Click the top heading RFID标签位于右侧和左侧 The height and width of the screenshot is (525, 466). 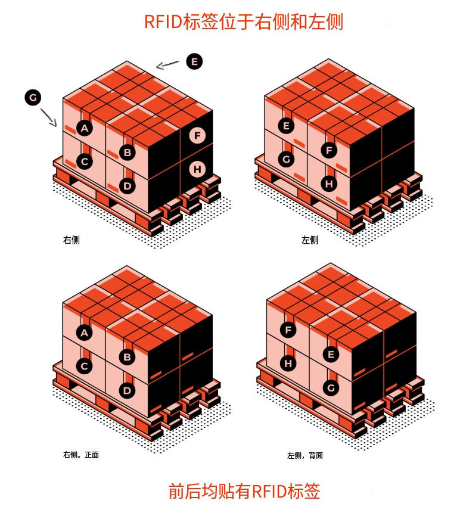tap(243, 22)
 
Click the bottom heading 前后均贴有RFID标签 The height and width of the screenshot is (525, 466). tap(244, 492)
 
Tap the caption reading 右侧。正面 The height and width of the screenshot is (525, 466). tap(81, 455)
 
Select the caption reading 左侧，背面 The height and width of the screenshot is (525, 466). tap(305, 455)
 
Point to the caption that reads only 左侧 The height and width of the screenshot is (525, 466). tap(309, 240)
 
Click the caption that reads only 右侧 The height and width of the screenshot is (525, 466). tap(72, 240)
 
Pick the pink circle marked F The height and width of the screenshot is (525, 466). tap(198, 136)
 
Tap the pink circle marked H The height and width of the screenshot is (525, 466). tap(198, 170)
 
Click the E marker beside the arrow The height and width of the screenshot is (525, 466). tap(194, 61)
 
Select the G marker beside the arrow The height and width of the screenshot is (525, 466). tap(33, 98)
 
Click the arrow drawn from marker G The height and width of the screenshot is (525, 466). tap(49, 117)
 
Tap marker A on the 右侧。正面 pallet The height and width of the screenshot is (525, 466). tap(85, 333)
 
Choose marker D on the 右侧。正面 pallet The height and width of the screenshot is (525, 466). tap(127, 391)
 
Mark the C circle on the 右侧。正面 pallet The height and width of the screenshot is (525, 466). tap(85, 366)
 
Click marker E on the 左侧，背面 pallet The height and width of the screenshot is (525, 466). tap(331, 355)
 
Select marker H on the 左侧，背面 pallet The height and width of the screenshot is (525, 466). tap(288, 362)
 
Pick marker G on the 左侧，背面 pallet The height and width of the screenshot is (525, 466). tap(331, 388)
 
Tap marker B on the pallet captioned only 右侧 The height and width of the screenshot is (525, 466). tap(127, 152)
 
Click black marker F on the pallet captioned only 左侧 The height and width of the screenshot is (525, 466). tap(329, 150)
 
